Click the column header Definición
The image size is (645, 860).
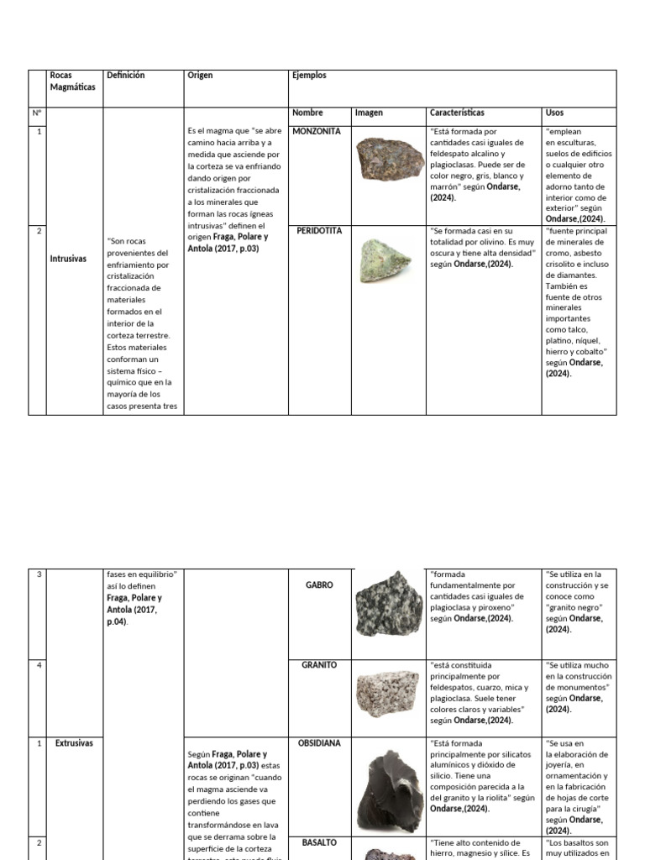126,76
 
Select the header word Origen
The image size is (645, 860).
200,76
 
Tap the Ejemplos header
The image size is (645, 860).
308,76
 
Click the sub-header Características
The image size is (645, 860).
457,113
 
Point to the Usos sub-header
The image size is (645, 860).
555,113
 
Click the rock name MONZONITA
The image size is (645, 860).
317,132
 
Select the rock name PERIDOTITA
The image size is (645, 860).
318,231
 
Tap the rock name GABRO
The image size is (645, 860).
319,585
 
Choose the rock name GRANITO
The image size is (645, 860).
319,665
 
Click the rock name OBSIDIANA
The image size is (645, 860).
319,744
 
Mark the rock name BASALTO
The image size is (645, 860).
319,842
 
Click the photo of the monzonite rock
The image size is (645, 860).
385,159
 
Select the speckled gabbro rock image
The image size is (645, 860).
390,604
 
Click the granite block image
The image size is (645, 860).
387,695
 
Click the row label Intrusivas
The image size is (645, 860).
69,260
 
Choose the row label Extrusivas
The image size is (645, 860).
74,744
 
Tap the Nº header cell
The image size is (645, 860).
37,113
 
